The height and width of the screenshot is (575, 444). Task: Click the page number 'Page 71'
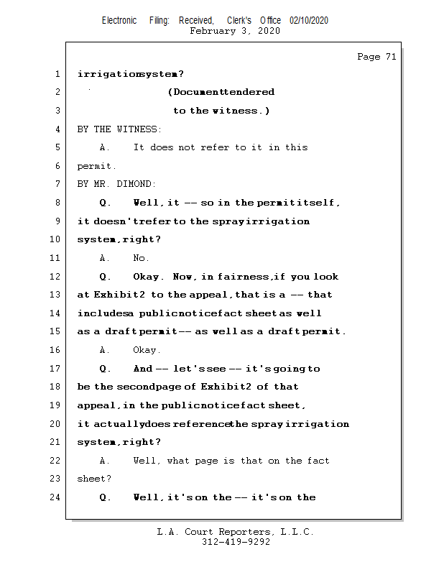pos(376,57)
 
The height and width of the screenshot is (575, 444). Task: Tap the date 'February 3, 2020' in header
pos(235,31)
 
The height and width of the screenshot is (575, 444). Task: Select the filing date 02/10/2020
pos(309,21)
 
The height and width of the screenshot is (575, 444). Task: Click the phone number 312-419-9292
pos(236,543)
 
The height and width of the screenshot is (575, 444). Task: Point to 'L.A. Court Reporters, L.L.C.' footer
pos(235,532)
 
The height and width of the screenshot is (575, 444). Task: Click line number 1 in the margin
pos(57,74)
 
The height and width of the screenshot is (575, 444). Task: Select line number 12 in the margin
pos(55,277)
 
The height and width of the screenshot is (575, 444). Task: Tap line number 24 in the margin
pos(55,497)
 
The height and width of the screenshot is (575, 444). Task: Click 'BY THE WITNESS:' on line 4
pos(119,129)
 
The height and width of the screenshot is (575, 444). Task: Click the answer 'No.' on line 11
pos(141,258)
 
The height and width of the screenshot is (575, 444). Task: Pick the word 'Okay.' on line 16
pos(147,350)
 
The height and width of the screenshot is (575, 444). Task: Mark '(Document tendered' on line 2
pos(221,92)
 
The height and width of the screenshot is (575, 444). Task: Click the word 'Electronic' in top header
pos(119,21)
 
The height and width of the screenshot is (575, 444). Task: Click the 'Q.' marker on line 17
pos(105,369)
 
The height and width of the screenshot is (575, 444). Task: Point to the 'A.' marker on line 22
pos(105,461)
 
